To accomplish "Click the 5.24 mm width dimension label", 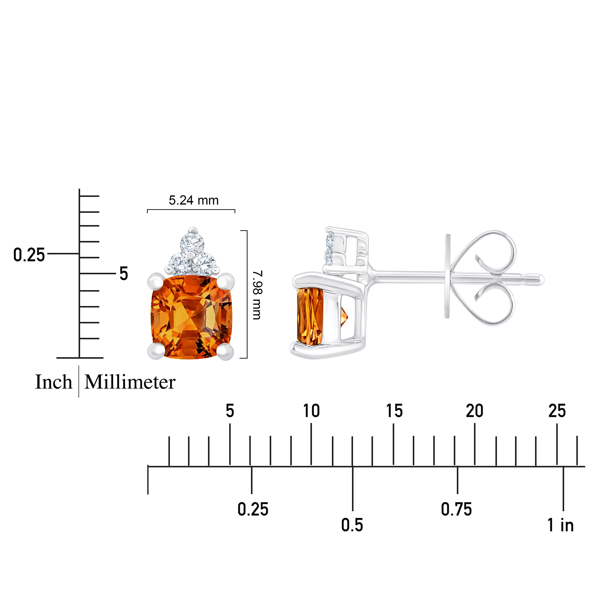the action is click(x=194, y=200).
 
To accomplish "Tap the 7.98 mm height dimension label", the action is click(x=256, y=295).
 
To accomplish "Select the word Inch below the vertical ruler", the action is click(x=54, y=382).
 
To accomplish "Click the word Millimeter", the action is click(x=130, y=382).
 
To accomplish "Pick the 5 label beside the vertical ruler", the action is click(x=124, y=274).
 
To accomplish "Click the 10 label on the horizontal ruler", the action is click(x=311, y=411).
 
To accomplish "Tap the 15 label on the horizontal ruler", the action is click(x=394, y=411).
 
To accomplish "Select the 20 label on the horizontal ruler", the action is click(x=475, y=411).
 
